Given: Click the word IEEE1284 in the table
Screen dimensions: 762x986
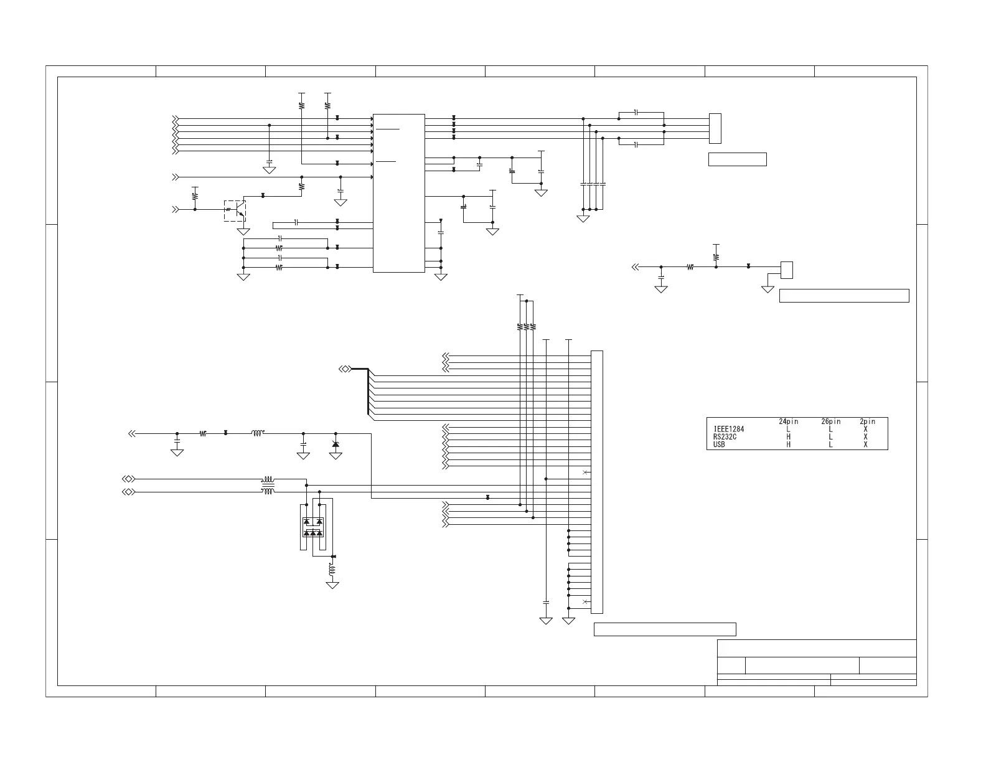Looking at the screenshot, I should click(x=728, y=430).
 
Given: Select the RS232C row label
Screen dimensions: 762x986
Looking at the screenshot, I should click(x=725, y=437).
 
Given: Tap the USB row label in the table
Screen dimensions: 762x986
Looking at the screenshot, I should click(x=719, y=444).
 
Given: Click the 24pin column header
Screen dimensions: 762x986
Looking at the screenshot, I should click(x=789, y=422).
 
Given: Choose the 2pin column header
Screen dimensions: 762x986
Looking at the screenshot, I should click(x=867, y=422).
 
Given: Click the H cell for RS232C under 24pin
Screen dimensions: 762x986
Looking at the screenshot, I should click(x=789, y=437).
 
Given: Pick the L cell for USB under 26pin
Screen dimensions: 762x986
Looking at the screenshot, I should click(x=831, y=444).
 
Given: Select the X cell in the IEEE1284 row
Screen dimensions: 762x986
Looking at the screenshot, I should click(x=866, y=430).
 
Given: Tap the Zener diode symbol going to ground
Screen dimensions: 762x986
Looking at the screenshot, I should click(x=336, y=444).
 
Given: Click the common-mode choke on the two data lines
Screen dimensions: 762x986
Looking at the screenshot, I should click(x=268, y=486).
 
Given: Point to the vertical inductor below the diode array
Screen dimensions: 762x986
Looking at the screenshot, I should click(x=332, y=570).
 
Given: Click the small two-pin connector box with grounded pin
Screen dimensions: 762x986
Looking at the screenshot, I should click(x=787, y=270).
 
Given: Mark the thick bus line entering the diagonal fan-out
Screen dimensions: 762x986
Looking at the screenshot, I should click(x=360, y=369).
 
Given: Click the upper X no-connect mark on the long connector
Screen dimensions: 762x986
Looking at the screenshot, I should click(x=585, y=473).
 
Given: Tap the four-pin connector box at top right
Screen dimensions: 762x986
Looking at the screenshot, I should click(x=715, y=128).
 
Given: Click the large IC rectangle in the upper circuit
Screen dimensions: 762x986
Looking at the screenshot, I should click(x=398, y=193).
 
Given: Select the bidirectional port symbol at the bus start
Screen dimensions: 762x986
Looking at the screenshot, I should click(x=344, y=369).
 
